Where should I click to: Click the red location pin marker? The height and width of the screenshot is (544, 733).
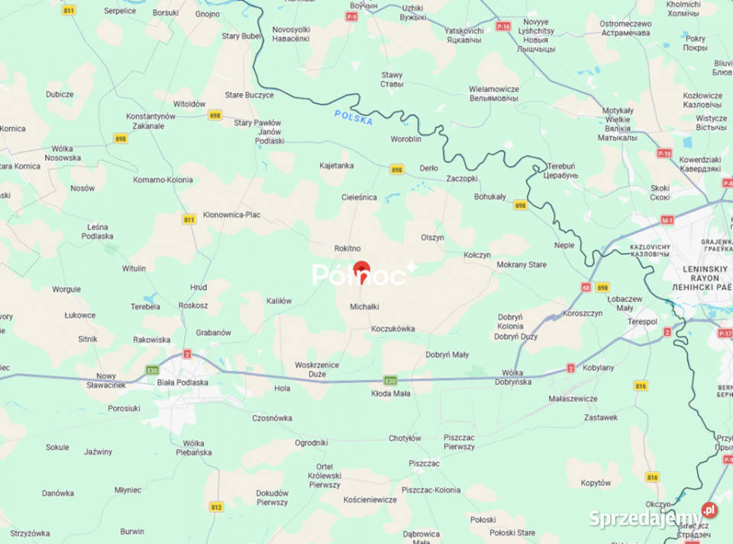tap(362, 271)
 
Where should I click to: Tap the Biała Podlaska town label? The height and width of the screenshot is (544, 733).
tap(182, 382)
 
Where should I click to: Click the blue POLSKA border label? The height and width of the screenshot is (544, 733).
tap(354, 118)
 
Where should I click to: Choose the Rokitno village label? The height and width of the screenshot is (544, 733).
tap(347, 248)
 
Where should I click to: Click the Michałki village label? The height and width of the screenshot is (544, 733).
tap(364, 306)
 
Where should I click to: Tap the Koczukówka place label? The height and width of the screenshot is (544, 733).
tap(392, 329)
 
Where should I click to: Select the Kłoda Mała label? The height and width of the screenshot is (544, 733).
tap(390, 394)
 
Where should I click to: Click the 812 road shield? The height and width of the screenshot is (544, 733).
tap(216, 507)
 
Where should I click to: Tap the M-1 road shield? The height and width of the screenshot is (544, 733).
tap(668, 220)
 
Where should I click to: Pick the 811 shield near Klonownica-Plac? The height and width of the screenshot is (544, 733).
tap(189, 219)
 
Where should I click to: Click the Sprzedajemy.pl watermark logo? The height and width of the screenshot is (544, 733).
tap(653, 517)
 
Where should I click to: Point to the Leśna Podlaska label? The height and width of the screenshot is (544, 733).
tap(98, 232)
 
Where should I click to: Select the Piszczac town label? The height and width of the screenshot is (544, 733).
tap(424, 463)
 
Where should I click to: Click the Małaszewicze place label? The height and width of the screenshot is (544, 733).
tap(573, 399)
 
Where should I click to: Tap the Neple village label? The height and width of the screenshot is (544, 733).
tap(565, 245)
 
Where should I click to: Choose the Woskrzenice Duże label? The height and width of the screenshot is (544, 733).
tap(317, 370)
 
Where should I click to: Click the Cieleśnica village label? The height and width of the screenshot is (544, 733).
tap(359, 197)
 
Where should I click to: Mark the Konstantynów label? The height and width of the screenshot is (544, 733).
tap(151, 116)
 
